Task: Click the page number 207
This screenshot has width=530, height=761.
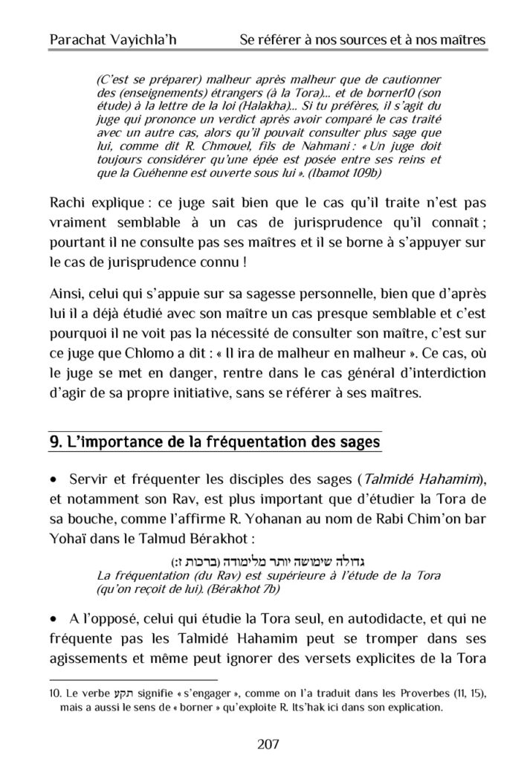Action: tap(265, 741)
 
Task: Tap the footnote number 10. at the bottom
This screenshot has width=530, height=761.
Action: tap(54, 693)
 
